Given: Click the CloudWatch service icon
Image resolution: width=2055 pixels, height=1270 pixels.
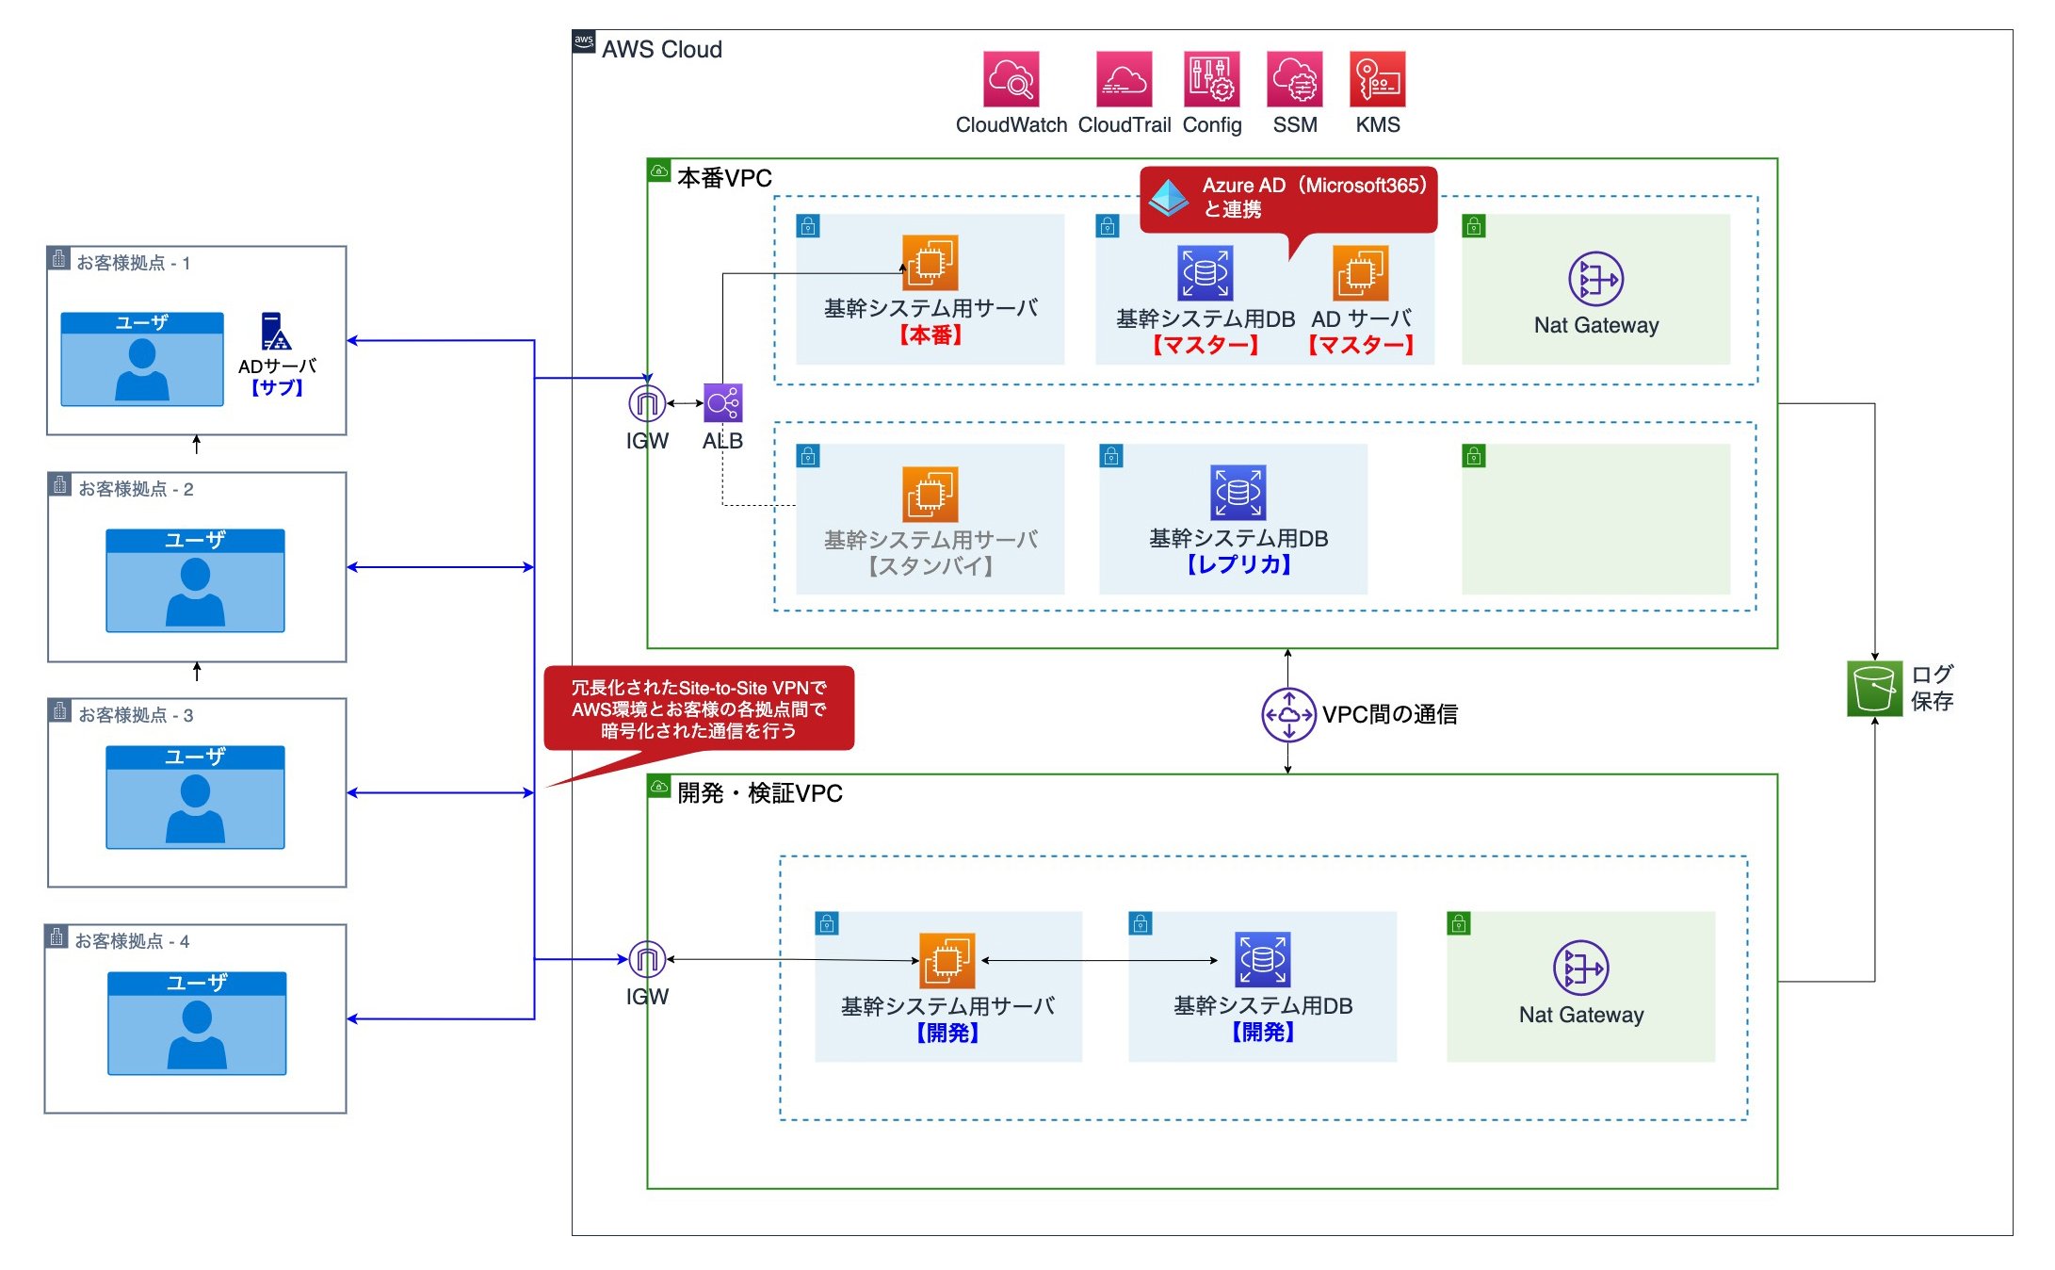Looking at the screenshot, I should coord(1011,79).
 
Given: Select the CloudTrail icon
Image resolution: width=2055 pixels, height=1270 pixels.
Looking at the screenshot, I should coord(1124,79).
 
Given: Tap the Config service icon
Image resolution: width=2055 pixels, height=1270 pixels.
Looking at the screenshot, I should coord(1211,79).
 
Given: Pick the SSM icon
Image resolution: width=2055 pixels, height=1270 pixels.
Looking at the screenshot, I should coord(1295,79).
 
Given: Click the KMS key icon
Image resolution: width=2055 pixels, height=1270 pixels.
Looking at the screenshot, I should coord(1377,79).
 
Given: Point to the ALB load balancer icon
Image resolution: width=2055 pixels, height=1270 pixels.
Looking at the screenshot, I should coord(722,403).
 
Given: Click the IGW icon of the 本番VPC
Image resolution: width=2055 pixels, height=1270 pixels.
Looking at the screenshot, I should coord(647,403).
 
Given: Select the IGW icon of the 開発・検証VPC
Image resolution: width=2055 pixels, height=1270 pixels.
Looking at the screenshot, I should coord(647,959).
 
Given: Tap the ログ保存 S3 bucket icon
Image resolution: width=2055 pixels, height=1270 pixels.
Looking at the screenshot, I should coord(1874,689).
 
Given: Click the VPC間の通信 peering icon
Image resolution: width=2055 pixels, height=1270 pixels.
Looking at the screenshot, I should coord(1288,715).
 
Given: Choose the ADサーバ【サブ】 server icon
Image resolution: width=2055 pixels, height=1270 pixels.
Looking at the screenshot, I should coord(276,332).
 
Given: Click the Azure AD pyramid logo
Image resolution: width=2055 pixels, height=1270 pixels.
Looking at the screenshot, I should coord(1169,197).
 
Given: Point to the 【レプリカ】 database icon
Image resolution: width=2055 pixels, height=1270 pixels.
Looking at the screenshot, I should coord(1238,492).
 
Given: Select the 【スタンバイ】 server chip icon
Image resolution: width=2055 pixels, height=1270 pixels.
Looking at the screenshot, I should coord(930,494).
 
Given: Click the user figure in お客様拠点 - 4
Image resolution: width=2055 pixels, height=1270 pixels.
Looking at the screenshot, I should coord(197,1033).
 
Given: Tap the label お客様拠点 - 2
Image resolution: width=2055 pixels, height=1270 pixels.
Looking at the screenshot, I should coord(136,489).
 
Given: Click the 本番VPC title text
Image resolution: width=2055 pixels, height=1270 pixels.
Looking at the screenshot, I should coord(724,178).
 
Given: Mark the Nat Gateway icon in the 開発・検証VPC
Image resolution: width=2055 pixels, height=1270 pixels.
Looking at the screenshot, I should coord(1580,968).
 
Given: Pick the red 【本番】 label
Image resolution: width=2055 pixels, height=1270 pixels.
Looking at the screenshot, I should coord(930,335).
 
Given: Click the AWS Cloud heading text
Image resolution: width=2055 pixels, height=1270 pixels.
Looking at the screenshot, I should coord(661,50).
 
